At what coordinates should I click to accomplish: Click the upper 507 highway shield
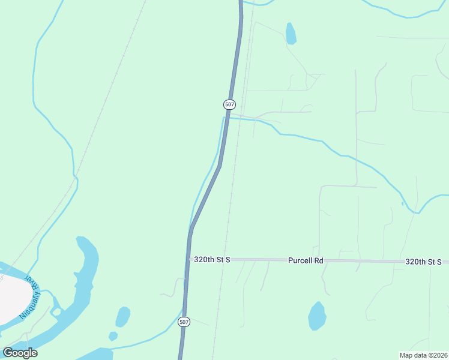pyautogui.click(x=229, y=104)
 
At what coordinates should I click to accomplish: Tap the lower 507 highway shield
pyautogui.click(x=184, y=322)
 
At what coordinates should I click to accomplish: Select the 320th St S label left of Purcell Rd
pyautogui.click(x=212, y=260)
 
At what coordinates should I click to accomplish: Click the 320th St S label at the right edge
pyautogui.click(x=423, y=262)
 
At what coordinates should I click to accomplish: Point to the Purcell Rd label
pyautogui.click(x=306, y=260)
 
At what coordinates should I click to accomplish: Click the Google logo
pyautogui.click(x=20, y=352)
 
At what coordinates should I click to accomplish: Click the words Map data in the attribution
pyautogui.click(x=412, y=355)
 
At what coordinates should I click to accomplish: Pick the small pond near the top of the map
pyautogui.click(x=291, y=34)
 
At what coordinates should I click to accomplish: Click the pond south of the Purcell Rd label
pyautogui.click(x=317, y=316)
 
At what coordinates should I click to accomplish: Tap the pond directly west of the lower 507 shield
pyautogui.click(x=122, y=317)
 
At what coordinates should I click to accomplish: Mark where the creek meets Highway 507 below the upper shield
pyautogui.click(x=226, y=118)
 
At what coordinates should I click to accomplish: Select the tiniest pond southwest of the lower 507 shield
pyautogui.click(x=113, y=336)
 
